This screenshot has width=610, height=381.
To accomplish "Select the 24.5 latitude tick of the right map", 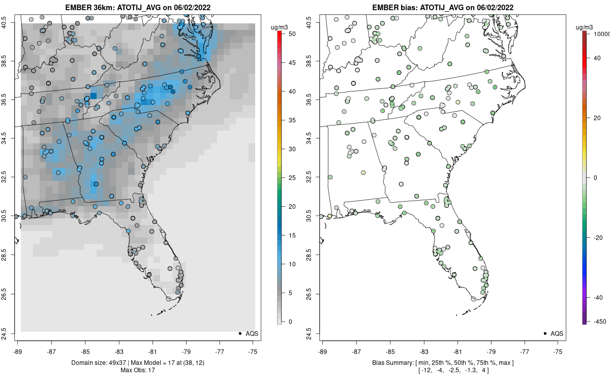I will tap(308, 333).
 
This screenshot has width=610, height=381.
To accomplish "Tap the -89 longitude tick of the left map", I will tap(18, 351).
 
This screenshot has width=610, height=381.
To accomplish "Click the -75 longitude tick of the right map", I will tap(558, 351).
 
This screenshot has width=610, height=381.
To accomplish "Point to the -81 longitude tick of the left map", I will tap(152, 351).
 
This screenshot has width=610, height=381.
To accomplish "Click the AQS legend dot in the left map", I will tap(239, 333).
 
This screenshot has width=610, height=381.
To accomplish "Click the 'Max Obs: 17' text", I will tap(138, 370).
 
